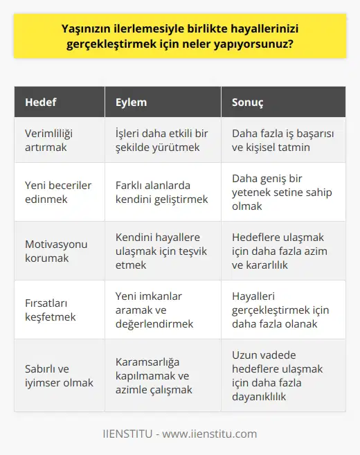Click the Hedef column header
click(41, 102)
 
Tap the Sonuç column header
click(246, 102)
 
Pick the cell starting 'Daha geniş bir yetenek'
click(277, 193)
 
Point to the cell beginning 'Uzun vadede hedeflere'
click(277, 375)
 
